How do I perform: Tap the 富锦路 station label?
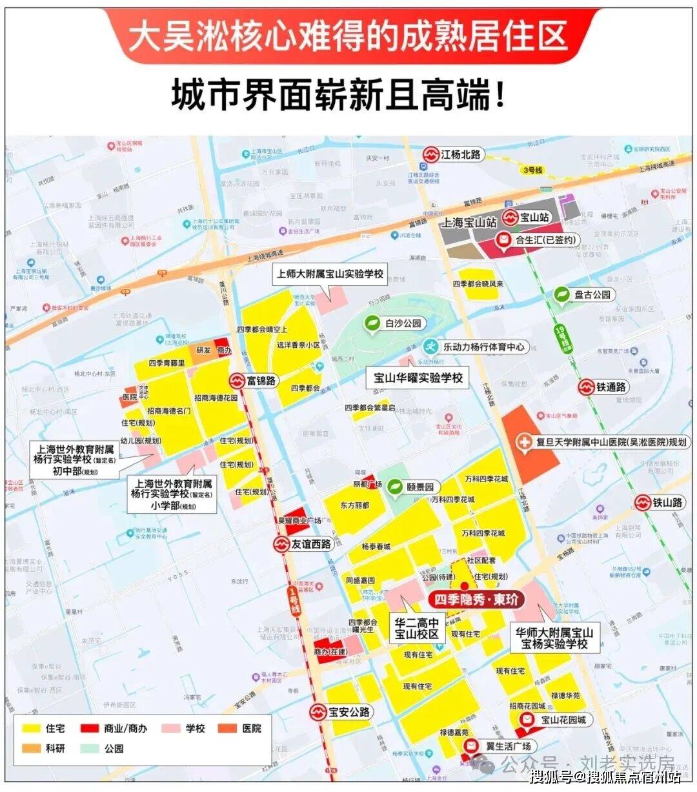coord(261,381)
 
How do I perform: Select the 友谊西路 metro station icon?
coord(281,545)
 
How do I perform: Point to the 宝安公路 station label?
coord(349,713)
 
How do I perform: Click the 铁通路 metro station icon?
coord(586,387)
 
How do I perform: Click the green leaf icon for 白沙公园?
coord(372,323)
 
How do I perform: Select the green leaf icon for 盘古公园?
coord(563,294)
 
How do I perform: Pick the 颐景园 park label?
coord(420,487)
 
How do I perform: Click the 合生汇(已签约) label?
coord(545,240)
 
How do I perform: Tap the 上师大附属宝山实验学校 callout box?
coord(330,274)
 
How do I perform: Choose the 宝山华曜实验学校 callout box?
coord(418,378)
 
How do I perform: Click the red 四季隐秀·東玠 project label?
coord(476,600)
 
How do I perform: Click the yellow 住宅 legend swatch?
coord(30,728)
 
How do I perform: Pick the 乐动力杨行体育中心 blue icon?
coord(430,346)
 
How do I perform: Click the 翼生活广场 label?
coord(508,746)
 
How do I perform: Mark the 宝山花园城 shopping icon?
coord(527,720)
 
